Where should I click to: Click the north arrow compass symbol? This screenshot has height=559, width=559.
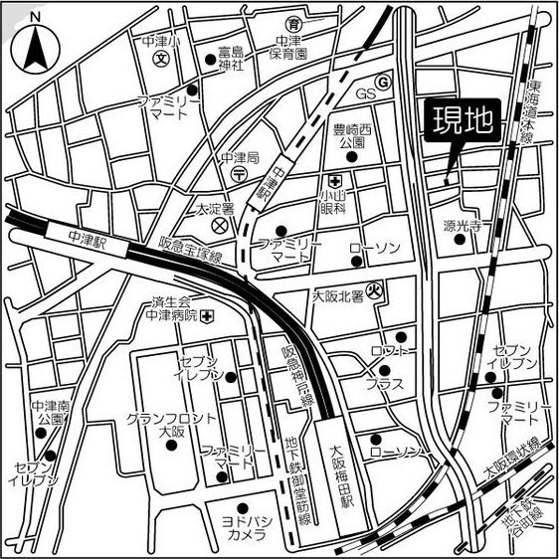pyautogui.click(x=35, y=41)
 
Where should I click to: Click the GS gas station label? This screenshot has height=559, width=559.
pyautogui.click(x=366, y=94)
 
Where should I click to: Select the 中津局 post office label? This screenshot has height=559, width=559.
pyautogui.click(x=240, y=158)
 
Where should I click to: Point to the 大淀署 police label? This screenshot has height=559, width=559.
pyautogui.click(x=213, y=210)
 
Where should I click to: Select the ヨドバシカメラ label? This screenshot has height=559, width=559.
pyautogui.click(x=243, y=527)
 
